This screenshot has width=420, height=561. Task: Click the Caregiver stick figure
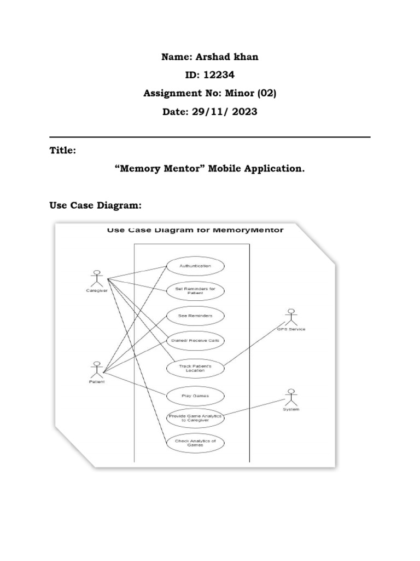coord(97,278)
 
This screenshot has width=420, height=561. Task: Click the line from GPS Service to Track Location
coord(254,345)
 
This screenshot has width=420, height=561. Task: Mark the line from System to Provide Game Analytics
coord(254,407)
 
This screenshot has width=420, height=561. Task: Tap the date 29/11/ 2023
coord(224,112)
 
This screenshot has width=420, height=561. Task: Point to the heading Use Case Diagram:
coord(95,205)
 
